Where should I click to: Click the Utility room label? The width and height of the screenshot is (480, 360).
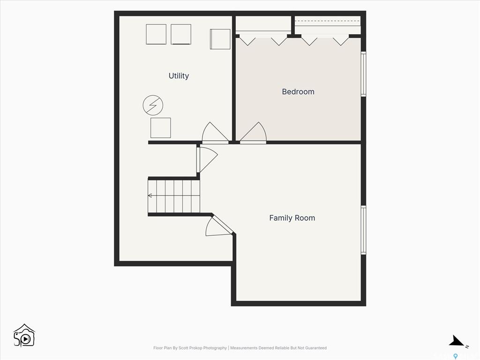[x=179, y=76]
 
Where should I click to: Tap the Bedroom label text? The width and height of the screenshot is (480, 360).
[x=298, y=91]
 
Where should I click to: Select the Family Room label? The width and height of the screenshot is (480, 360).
[x=292, y=218]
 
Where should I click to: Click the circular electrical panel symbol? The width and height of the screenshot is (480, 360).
[x=153, y=105]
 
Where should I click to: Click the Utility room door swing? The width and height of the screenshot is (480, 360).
[x=215, y=133]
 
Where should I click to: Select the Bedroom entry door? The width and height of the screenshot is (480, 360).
[x=253, y=133]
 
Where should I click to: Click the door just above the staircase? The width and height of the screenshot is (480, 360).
[x=207, y=159]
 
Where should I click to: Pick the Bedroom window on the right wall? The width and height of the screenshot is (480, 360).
[x=363, y=74]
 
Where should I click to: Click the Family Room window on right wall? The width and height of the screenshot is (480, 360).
[x=363, y=230]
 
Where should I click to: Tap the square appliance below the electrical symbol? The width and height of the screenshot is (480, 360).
[x=161, y=128]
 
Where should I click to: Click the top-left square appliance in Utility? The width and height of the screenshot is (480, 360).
[x=156, y=34]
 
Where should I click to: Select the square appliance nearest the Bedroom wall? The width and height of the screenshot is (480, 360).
[x=220, y=39]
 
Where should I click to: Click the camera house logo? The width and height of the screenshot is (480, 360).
[x=24, y=336]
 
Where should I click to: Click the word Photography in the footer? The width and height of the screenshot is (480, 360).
[x=215, y=348]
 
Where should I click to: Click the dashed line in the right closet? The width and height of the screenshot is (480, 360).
[x=328, y=21]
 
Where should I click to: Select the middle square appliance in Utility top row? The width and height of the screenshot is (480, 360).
[x=181, y=34]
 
